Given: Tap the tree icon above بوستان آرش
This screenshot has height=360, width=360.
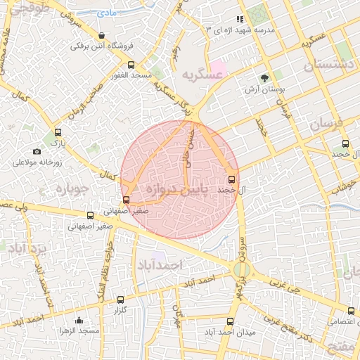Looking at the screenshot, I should [x=264, y=78].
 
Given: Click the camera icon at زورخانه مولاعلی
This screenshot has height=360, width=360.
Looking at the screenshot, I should [x=37, y=151].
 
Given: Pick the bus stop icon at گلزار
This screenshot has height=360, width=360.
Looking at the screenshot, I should [x=120, y=300].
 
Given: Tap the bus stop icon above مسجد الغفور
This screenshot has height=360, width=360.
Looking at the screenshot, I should [x=131, y=65].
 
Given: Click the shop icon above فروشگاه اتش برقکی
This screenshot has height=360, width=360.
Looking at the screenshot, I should [x=103, y=35].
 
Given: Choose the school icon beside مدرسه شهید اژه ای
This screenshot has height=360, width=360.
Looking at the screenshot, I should [x=240, y=20].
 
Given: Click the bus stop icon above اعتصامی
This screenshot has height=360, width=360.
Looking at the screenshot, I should [x=351, y=311].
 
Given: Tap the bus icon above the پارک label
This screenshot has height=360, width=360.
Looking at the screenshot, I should [x=58, y=131].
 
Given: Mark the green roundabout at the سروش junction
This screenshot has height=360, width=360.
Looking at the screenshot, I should [x=240, y=269].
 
